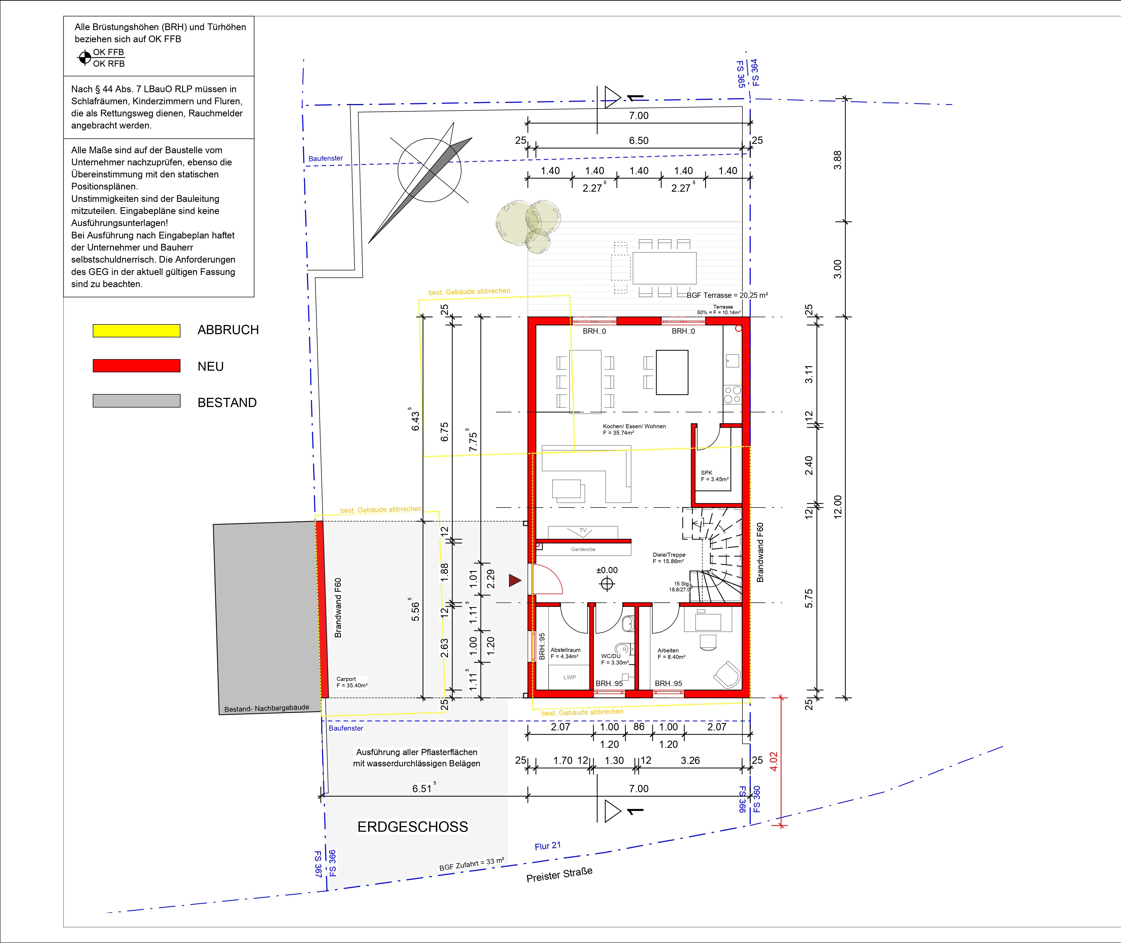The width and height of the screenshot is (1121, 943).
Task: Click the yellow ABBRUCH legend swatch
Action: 136,330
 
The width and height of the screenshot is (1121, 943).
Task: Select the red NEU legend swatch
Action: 136,366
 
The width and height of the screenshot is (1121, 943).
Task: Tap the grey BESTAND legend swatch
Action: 136,401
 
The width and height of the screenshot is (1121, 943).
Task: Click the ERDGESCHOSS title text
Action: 412,827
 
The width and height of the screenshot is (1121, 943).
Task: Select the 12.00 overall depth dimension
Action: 838,507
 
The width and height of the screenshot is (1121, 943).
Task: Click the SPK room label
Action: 707,473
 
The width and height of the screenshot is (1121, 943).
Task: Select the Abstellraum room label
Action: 565,650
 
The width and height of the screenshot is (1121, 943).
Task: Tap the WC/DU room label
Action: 611,656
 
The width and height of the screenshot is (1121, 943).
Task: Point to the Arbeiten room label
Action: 668,651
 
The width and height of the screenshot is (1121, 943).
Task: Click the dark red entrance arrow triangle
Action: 514,581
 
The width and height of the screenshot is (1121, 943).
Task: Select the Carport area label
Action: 346,679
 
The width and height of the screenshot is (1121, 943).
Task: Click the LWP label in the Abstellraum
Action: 570,677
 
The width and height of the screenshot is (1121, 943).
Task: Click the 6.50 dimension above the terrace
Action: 639,141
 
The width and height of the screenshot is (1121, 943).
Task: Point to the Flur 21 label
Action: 548,846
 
